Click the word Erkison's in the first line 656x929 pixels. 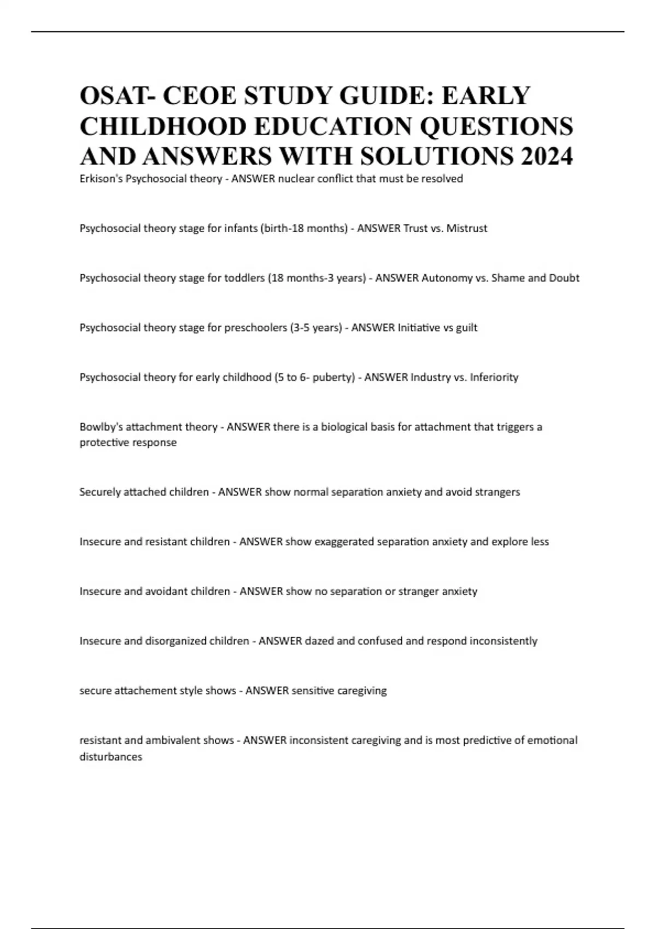tap(101, 179)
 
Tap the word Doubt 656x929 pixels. tap(564, 278)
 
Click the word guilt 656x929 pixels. tap(466, 328)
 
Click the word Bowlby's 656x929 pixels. tap(101, 427)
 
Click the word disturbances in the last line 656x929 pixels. tap(110, 757)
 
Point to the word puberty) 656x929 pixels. tap(334, 378)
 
